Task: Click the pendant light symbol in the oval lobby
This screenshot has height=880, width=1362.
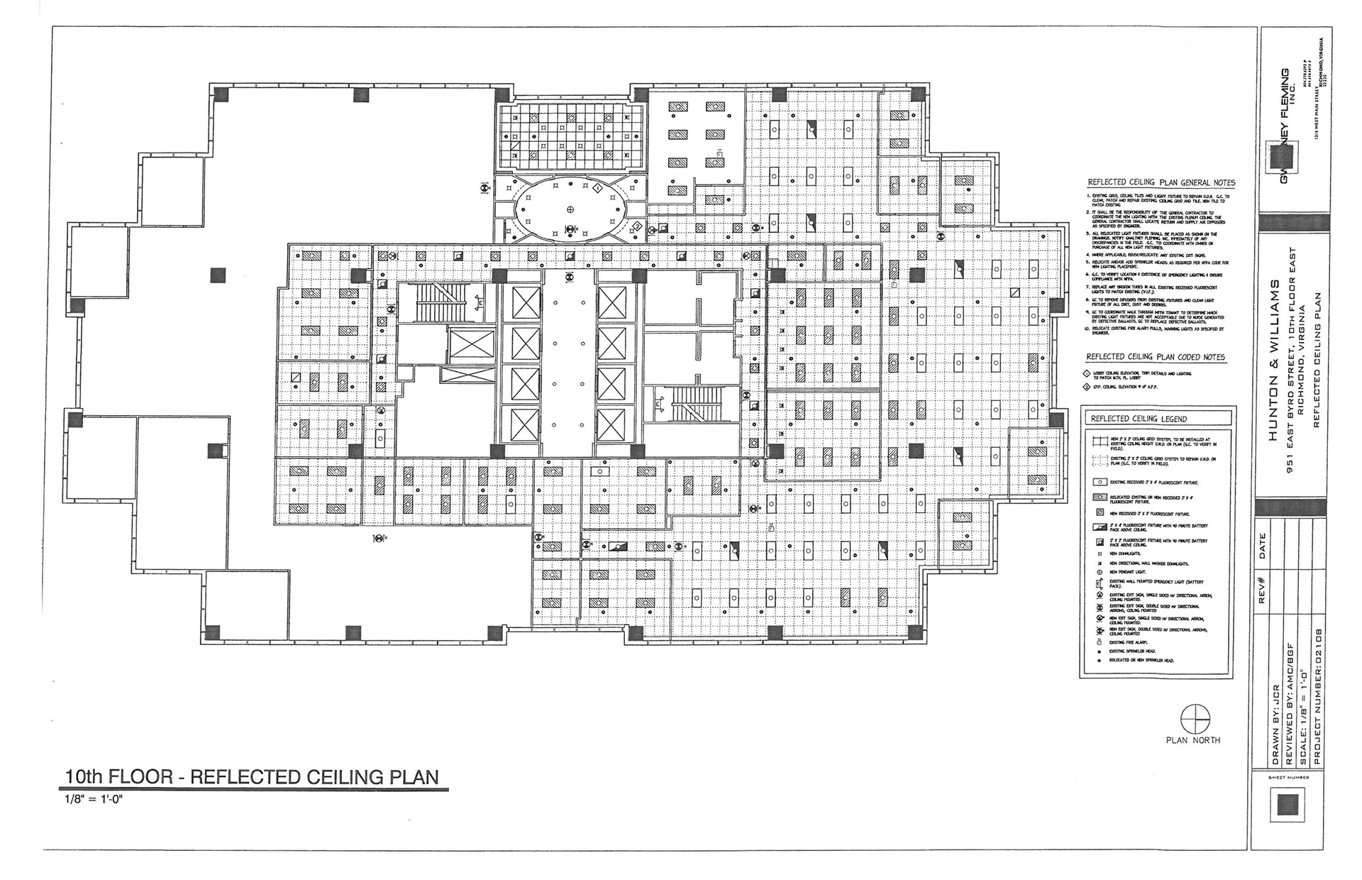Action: (570, 208)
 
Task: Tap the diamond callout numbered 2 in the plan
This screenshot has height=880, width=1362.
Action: (638, 226)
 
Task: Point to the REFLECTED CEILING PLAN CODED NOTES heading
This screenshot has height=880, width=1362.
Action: (1156, 357)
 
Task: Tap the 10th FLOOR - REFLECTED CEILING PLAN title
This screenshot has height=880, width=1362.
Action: (252, 776)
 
